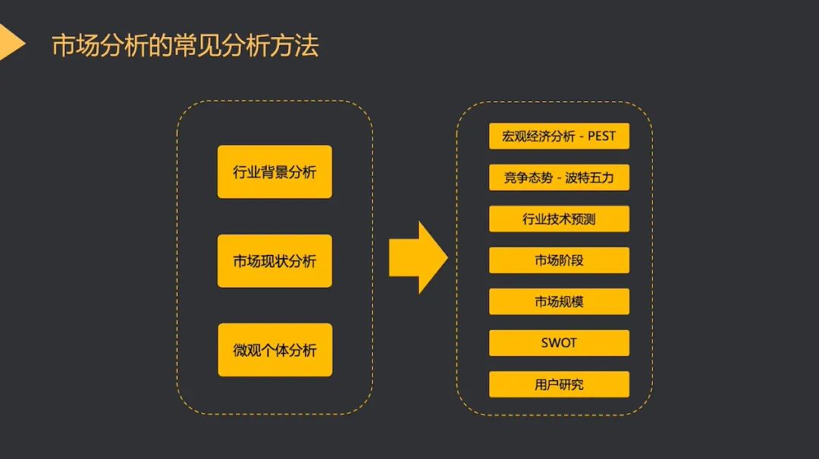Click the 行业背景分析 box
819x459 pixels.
pos(275,172)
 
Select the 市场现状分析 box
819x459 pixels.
pos(275,261)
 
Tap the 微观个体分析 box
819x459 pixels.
pos(275,350)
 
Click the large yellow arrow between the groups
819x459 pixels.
pos(418,258)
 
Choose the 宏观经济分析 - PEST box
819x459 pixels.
pos(559,137)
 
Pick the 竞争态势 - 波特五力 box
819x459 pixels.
pos(559,178)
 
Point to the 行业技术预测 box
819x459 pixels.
pos(559,219)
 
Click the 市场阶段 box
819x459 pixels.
pos(559,260)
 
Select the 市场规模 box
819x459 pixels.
pos(559,302)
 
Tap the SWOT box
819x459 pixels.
pos(559,343)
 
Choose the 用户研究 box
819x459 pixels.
pos(559,385)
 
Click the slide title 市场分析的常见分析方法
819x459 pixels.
pos(185,46)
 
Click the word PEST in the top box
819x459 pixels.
pos(601,137)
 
